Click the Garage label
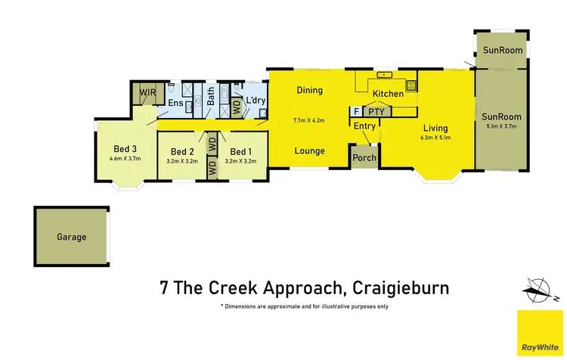71,237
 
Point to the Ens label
175,103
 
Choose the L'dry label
255,101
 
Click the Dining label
309,91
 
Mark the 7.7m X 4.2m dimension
309,119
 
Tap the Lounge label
309,151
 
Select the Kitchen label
389,94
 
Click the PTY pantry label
376,112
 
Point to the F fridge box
356,112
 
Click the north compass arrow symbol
538,287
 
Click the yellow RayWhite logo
540,333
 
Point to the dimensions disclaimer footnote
305,306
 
